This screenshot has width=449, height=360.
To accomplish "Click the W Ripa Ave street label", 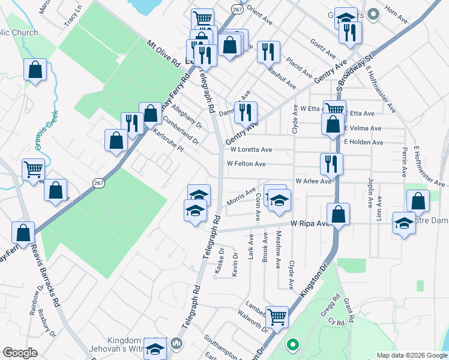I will click(310, 223).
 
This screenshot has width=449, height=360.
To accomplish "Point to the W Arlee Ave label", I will click(313, 181).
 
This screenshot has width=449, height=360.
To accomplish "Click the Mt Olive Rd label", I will click(164, 53).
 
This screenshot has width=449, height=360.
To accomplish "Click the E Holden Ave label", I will click(364, 142).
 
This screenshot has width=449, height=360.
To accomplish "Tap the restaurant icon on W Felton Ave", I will click(331, 163).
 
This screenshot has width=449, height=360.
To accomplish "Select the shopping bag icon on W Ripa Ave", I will click(339, 214).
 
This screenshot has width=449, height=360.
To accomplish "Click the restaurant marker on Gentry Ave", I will click(246, 111).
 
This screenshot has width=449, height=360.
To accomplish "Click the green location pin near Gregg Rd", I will click(292, 345).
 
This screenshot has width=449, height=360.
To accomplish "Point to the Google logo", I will click(20, 353).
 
